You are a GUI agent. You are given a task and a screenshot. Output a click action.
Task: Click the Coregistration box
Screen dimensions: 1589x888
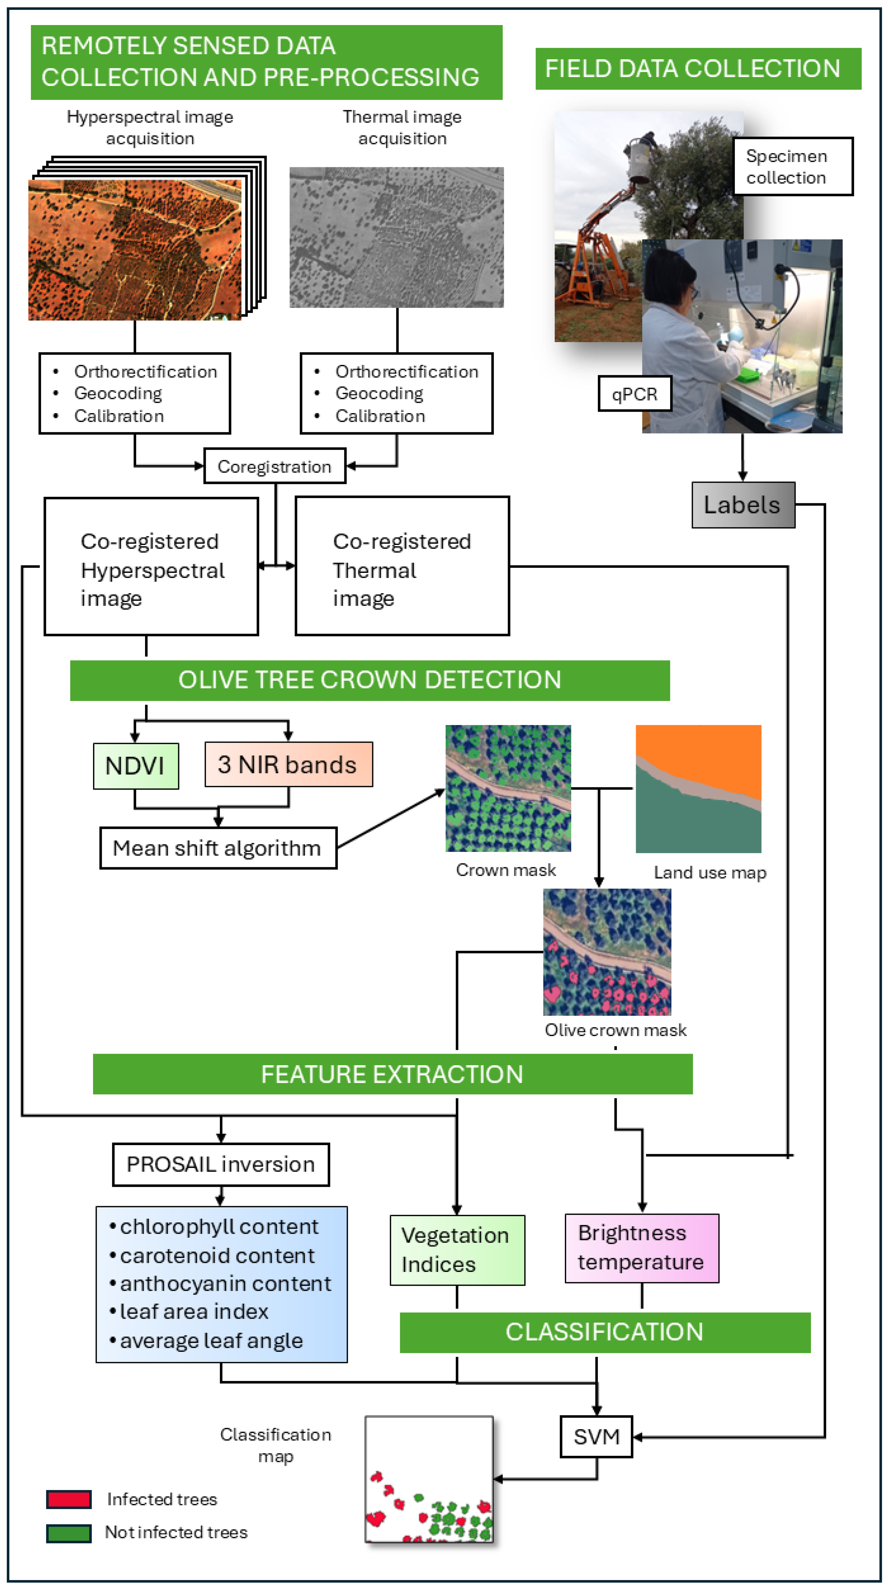[274, 466]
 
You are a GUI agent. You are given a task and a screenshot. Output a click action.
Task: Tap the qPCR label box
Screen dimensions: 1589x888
[634, 393]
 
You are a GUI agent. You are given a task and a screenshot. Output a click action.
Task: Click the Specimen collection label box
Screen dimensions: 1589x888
[792, 167]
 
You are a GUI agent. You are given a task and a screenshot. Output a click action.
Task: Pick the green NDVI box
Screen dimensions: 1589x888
[136, 765]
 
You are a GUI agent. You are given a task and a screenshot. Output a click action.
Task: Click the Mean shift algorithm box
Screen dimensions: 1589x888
[218, 848]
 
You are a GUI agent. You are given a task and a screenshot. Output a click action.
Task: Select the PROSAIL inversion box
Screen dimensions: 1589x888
[221, 1164]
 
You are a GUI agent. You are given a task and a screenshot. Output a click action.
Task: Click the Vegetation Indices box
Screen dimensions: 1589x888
[457, 1250]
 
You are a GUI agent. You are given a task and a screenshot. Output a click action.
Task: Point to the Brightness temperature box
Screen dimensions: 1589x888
[641, 1248]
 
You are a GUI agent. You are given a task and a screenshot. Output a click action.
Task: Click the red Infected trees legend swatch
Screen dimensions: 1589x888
[69, 1499]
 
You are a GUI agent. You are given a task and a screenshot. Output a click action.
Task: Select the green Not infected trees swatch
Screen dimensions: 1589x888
[69, 1533]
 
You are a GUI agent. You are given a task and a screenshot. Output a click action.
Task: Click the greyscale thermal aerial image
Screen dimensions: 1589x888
[397, 237]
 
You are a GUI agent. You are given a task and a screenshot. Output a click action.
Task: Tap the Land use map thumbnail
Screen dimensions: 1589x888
[698, 788]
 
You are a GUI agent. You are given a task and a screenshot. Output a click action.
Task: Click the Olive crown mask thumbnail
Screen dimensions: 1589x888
[607, 952]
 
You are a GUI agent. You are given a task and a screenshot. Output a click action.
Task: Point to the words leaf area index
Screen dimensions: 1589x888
[194, 1311]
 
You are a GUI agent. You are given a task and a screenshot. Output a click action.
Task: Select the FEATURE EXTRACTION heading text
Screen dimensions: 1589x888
[392, 1074]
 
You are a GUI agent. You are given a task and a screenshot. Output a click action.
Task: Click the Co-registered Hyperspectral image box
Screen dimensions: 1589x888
[151, 566]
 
